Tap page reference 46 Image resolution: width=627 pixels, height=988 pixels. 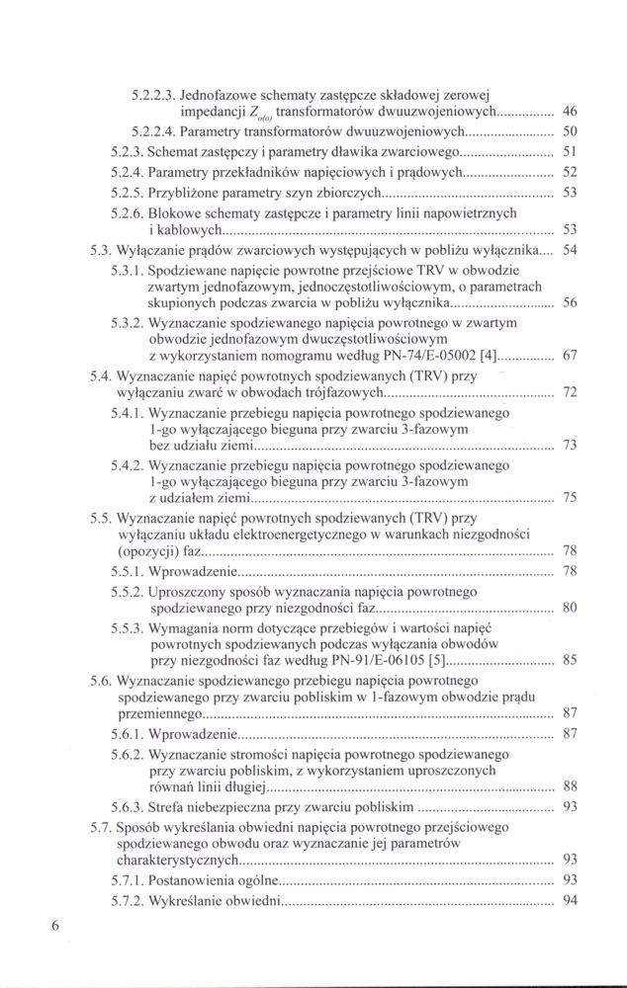[569, 112]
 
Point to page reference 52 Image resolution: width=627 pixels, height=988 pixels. [569, 172]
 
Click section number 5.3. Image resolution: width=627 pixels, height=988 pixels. [100, 251]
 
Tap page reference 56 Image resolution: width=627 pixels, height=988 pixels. [569, 303]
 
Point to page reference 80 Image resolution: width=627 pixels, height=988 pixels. [569, 608]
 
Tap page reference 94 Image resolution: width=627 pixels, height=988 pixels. [569, 899]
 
